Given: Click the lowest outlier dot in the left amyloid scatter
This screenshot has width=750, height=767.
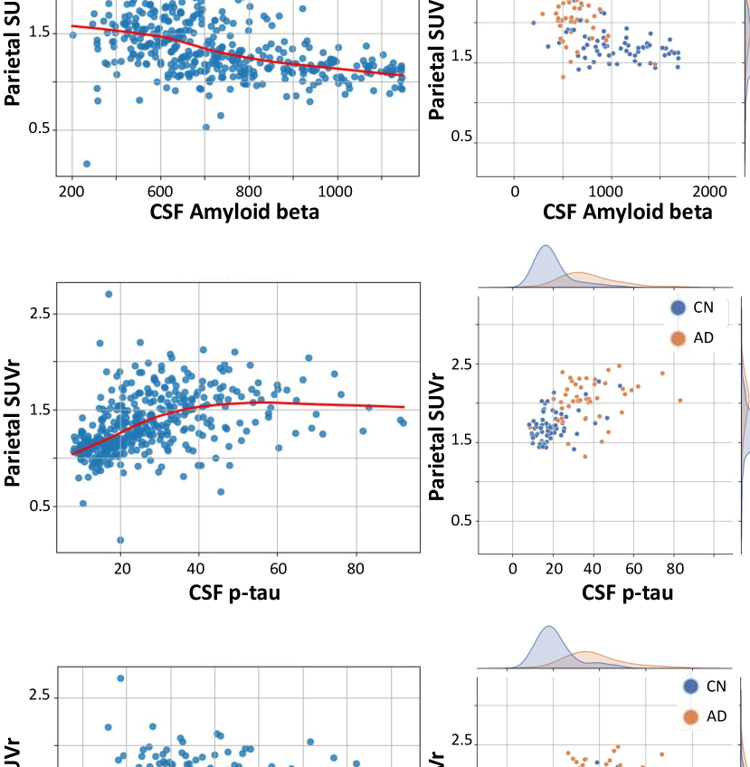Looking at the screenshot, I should pyautogui.click(x=87, y=164).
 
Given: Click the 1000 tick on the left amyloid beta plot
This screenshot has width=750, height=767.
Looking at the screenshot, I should pyautogui.click(x=336, y=192).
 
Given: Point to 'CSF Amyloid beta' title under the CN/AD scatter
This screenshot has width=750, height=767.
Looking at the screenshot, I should pyautogui.click(x=627, y=213).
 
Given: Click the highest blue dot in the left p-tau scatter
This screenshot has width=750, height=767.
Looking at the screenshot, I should pyautogui.click(x=109, y=294).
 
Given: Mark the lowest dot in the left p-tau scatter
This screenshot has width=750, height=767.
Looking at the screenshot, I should pyautogui.click(x=120, y=540).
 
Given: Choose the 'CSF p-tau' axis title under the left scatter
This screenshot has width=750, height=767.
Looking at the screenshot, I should pyautogui.click(x=238, y=593).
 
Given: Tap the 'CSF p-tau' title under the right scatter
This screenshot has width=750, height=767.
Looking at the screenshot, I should pyautogui.click(x=628, y=593).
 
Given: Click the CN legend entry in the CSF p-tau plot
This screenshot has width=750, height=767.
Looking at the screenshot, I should pyautogui.click(x=692, y=308).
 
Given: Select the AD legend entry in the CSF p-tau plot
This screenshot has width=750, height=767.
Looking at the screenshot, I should pyautogui.click(x=692, y=337).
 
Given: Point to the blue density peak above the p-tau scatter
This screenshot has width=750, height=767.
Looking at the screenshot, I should pyautogui.click(x=546, y=246).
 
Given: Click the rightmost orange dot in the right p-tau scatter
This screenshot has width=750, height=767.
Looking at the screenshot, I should pyautogui.click(x=679, y=401).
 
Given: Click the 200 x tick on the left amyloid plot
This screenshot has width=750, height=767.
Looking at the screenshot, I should pyautogui.click(x=71, y=192).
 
